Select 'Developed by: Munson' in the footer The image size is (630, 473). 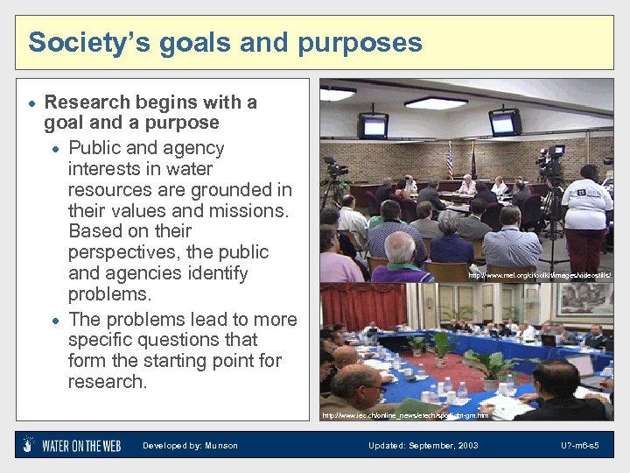[190, 446]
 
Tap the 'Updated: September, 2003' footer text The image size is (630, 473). [423, 446]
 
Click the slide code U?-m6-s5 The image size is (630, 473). [580, 446]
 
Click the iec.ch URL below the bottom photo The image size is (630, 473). [404, 414]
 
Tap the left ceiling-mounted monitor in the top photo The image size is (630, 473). [374, 125]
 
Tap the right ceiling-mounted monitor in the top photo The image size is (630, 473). [505, 122]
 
